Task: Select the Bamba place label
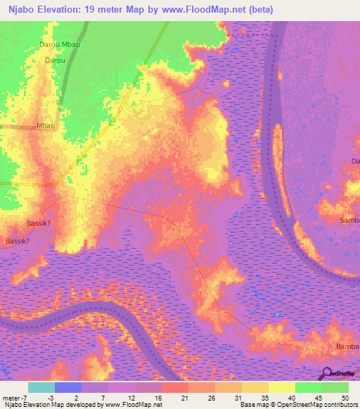pyautogui.click(x=347, y=347)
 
